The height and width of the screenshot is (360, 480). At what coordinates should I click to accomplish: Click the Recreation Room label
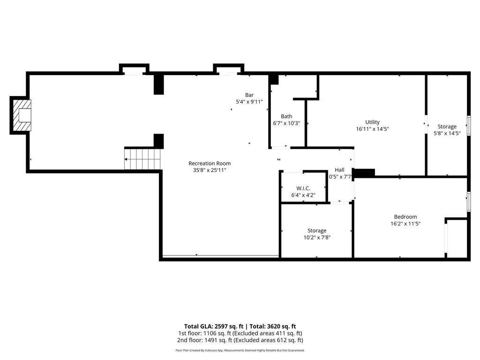(x=210, y=163)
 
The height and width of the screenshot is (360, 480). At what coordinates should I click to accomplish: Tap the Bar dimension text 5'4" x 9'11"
(x=249, y=101)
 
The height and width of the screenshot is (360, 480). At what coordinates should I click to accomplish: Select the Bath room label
(x=286, y=116)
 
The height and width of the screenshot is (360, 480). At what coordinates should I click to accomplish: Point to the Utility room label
(x=373, y=122)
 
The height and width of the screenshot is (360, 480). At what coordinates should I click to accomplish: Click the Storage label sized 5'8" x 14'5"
(x=447, y=127)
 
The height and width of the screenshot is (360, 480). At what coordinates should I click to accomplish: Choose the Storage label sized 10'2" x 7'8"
(x=317, y=231)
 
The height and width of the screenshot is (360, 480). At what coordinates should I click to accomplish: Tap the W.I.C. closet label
(x=303, y=188)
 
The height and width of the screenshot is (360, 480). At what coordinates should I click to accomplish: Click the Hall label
(x=339, y=170)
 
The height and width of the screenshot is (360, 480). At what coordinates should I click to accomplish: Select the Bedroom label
(x=405, y=217)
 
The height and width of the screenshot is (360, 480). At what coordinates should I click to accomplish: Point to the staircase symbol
(x=143, y=159)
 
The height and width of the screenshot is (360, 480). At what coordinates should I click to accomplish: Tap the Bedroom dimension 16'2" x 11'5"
(x=405, y=224)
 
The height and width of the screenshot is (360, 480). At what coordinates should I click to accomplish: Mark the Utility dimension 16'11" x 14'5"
(x=373, y=129)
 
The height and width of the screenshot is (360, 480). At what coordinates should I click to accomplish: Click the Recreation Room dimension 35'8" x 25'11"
(x=210, y=170)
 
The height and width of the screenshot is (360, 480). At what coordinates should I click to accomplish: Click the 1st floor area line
(x=240, y=333)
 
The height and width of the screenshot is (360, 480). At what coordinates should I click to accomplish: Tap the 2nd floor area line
(x=240, y=340)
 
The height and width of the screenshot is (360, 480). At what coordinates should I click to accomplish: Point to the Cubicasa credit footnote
(x=240, y=350)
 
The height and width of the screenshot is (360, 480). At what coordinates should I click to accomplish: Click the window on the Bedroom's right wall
(x=468, y=202)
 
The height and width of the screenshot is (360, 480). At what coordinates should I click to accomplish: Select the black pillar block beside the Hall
(x=364, y=173)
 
